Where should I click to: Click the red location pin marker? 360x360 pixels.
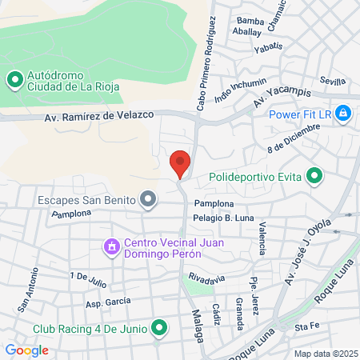point(180,163)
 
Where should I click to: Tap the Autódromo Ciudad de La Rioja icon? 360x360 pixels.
point(14,79)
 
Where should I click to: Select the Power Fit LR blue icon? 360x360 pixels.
point(342,113)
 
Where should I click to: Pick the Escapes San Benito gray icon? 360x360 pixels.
point(147,199)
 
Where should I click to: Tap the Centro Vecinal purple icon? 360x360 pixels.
point(111,247)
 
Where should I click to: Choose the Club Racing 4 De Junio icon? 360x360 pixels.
point(159,328)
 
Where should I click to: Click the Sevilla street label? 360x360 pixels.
point(332,81)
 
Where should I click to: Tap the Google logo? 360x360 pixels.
point(26,350)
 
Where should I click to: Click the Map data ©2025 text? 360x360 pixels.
point(326,353)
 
